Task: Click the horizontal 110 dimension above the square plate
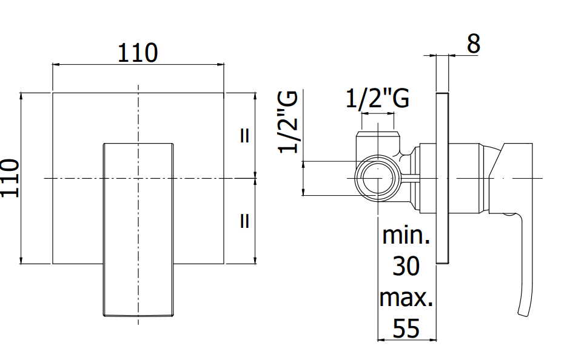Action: tap(138, 53)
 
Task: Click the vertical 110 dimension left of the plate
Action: tap(10, 178)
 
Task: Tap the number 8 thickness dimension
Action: tap(474, 44)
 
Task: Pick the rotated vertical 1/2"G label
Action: tap(287, 122)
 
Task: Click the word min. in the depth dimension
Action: tap(406, 236)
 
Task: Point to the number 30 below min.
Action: tap(406, 266)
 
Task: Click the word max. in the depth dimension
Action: tap(406, 298)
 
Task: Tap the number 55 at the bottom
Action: tap(406, 328)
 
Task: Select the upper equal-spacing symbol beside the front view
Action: tap(244, 136)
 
